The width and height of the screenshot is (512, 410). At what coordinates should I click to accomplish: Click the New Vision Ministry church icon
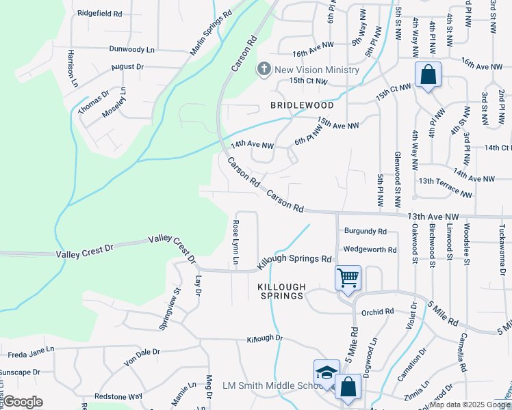tap(264, 69)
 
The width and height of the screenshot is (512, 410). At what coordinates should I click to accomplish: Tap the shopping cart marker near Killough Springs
tap(348, 278)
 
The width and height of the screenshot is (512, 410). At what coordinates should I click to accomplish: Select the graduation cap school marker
tap(327, 373)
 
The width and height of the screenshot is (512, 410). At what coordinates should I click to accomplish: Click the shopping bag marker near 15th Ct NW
tap(428, 75)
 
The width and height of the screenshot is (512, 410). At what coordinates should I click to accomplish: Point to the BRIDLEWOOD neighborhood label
tap(302, 105)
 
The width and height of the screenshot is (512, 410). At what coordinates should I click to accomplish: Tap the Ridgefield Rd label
tap(99, 13)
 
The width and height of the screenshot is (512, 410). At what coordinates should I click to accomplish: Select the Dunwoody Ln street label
tap(132, 50)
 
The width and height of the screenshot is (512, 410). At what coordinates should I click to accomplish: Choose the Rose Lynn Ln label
tap(235, 242)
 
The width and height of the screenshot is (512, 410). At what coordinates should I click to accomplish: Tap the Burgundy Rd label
tap(366, 231)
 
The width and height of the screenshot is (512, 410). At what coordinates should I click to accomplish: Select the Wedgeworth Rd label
tap(370, 250)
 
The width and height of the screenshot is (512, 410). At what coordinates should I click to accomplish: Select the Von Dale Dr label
tap(141, 357)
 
